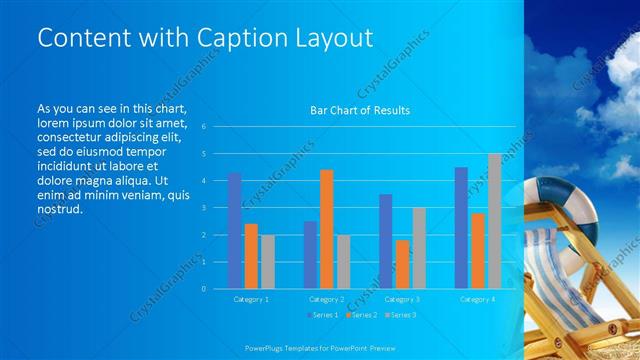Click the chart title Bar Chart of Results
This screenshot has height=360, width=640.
tap(360, 110)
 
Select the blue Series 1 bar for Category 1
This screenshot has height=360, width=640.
tap(235, 231)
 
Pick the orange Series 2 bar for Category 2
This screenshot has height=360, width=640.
tap(327, 229)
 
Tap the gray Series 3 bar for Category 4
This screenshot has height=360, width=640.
tap(494, 221)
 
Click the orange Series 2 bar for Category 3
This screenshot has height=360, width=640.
tap(402, 264)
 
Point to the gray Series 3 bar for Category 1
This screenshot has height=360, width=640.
tap(268, 262)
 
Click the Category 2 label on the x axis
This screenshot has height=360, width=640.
tap(326, 299)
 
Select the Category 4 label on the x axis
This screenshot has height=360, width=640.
tap(477, 299)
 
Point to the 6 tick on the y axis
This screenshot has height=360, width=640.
tap(203, 127)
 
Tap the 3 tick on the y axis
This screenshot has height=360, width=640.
tap(203, 208)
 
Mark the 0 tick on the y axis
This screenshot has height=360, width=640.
tap(203, 289)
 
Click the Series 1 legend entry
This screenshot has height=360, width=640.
tap(321, 315)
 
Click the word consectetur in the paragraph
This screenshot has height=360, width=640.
tap(73, 137)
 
